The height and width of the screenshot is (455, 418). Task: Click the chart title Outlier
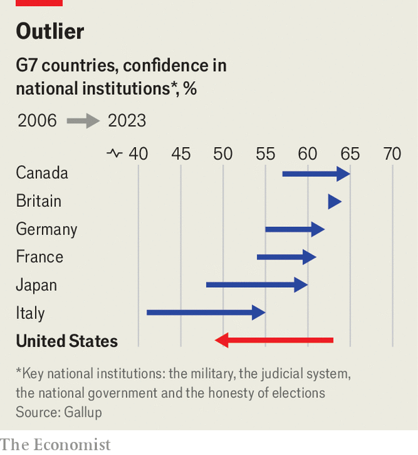[50, 32]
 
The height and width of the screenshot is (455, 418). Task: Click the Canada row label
[42, 173]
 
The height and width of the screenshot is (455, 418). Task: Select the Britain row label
[38, 201]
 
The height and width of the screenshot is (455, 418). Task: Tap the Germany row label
[46, 229]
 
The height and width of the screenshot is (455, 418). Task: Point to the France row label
[39, 257]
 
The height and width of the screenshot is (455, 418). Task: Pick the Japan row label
[36, 285]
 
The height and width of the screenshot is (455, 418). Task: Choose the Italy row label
[30, 313]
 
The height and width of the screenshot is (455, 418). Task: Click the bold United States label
[67, 341]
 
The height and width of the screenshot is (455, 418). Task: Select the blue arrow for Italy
[206, 312]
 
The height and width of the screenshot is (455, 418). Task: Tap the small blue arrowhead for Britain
[334, 201]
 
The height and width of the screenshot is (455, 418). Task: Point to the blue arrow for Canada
[316, 173]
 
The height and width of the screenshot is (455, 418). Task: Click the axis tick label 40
[138, 154]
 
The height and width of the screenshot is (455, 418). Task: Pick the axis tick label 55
[265, 154]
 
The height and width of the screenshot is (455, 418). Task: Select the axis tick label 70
[392, 154]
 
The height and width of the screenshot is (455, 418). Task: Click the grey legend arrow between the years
[83, 121]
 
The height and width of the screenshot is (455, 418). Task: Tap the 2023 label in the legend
[126, 121]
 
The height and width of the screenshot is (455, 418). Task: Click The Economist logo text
[56, 445]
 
